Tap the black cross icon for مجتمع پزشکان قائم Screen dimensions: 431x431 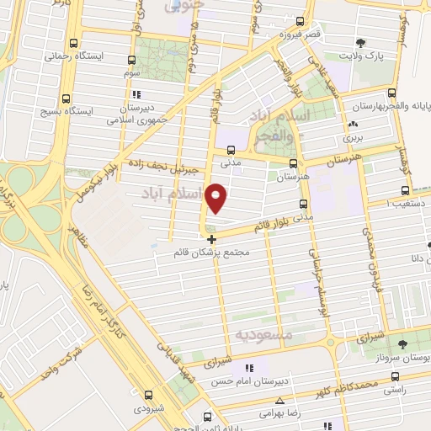pyautogui.click(x=210, y=240)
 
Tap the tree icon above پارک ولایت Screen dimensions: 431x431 pyautogui.click(x=361, y=43)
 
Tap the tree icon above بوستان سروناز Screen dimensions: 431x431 pyautogui.click(x=402, y=343)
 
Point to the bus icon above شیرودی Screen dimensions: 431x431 pyautogui.click(x=148, y=395)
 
